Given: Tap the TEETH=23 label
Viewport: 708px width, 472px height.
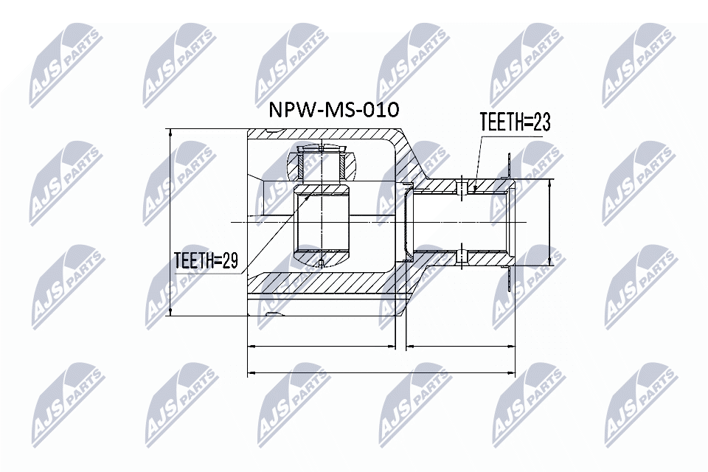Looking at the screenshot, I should click(x=515, y=123).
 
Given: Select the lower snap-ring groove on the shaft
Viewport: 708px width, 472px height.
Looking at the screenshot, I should click(x=462, y=255).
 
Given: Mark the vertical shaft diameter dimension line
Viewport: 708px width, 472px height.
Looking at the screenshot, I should click(x=550, y=221).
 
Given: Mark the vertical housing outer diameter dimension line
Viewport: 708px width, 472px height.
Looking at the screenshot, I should click(x=170, y=221).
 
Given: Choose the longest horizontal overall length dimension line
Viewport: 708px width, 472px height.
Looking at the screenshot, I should click(x=381, y=373).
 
